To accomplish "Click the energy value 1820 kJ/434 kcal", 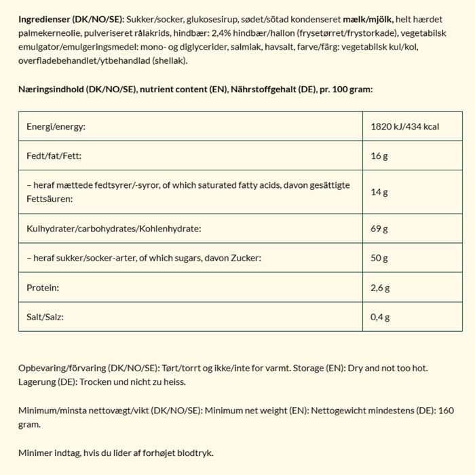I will (x=406, y=127).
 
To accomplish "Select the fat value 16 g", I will (x=379, y=156).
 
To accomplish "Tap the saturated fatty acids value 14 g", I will (x=379, y=192).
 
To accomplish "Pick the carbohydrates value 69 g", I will (x=379, y=229).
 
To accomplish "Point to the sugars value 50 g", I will (x=379, y=258).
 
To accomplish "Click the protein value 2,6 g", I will (x=381, y=288).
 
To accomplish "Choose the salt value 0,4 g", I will (x=381, y=317).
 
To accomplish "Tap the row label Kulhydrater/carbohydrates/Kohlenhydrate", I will (x=113, y=229).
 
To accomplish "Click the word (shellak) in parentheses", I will (x=168, y=60).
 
